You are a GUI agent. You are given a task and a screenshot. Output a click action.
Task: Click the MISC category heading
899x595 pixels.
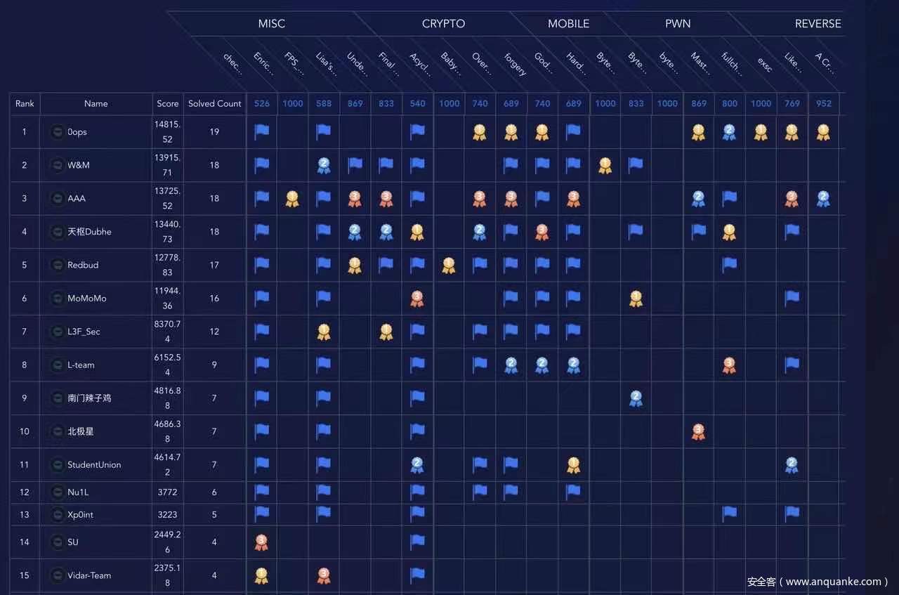click(271, 24)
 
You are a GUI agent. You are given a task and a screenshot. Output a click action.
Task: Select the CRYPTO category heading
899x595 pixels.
click(443, 24)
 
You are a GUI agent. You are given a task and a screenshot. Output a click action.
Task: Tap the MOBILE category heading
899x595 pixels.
click(568, 24)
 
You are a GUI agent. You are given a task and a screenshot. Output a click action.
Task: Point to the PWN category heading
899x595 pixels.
click(678, 24)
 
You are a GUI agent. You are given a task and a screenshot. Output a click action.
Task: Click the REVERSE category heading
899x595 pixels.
click(818, 24)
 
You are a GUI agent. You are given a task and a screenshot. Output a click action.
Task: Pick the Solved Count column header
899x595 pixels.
click(214, 104)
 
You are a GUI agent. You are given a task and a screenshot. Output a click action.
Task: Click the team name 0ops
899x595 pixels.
click(77, 132)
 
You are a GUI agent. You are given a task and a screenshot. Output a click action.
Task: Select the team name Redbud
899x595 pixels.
click(83, 266)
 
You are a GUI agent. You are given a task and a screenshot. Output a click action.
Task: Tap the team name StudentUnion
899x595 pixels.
click(94, 465)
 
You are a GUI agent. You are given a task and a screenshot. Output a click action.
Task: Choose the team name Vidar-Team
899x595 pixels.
click(89, 575)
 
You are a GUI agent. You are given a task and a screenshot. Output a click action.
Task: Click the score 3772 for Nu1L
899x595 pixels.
click(167, 492)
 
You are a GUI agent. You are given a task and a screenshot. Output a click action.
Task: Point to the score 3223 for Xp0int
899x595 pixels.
click(167, 515)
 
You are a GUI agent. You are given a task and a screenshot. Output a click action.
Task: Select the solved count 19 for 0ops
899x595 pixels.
click(214, 132)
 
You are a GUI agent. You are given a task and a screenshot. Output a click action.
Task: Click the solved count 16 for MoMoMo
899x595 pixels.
click(214, 299)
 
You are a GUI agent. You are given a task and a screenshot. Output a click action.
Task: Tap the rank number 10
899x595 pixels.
click(25, 431)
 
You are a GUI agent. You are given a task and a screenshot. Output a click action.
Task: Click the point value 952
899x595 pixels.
click(823, 104)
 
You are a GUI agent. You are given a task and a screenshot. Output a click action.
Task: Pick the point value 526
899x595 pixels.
click(261, 104)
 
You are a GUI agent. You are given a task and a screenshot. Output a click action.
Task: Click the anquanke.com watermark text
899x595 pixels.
click(818, 582)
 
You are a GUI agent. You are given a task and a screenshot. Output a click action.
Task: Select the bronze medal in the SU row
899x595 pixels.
click(261, 542)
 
